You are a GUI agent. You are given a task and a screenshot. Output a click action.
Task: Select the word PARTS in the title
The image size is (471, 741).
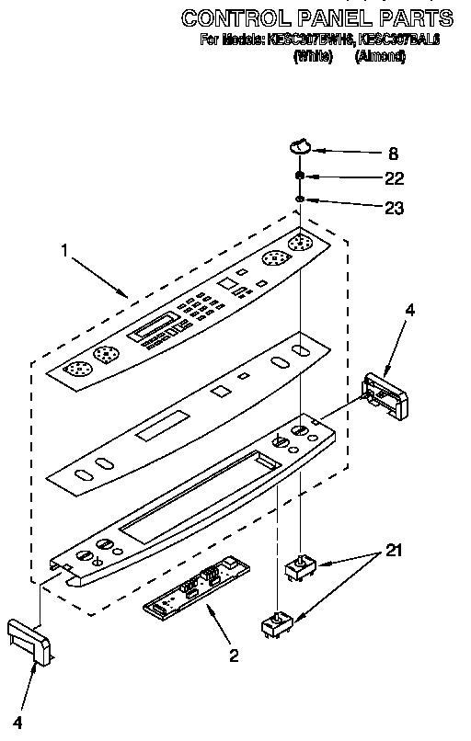[x=416, y=18]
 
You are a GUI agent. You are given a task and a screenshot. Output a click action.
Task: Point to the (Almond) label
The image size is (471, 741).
[x=381, y=56]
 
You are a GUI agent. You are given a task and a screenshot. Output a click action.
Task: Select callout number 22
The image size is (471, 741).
[x=394, y=177]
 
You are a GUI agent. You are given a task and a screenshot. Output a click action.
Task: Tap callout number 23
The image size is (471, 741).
[x=394, y=209]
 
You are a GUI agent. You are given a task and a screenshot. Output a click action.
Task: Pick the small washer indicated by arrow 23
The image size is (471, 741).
[x=301, y=199]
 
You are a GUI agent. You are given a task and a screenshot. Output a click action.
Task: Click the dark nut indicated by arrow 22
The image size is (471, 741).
[x=301, y=177]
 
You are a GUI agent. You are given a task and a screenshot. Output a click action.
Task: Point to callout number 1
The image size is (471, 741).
[x=63, y=248]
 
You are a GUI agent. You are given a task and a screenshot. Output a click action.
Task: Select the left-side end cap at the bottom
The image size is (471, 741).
[x=29, y=640]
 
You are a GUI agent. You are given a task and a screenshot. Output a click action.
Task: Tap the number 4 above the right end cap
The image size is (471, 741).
[x=409, y=311]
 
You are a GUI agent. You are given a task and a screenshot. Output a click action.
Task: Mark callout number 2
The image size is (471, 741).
[x=234, y=655]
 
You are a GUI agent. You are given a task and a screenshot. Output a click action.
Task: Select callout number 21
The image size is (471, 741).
[x=393, y=551]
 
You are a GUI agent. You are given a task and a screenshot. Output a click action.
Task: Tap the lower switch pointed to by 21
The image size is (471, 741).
[x=275, y=625]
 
